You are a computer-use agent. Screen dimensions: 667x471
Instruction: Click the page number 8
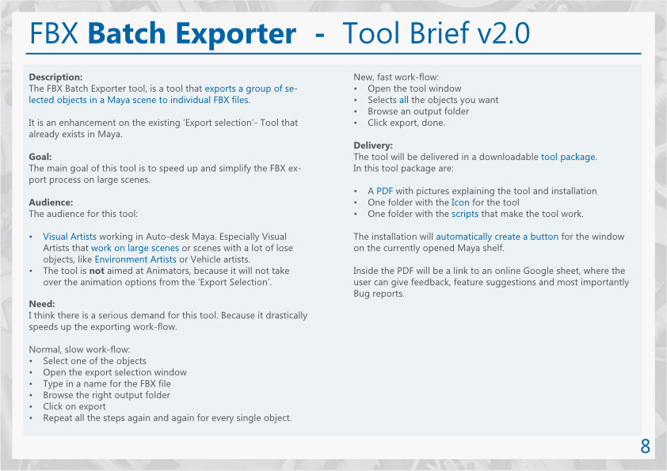[x=646, y=446]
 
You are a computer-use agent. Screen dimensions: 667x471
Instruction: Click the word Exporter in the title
[x=236, y=34]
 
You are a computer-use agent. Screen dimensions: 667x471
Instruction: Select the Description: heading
[x=55, y=77]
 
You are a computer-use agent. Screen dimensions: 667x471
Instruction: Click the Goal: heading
[x=40, y=157]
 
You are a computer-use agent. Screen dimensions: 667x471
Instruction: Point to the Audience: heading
[x=51, y=203]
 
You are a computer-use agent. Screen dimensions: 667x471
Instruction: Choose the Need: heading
[x=42, y=304]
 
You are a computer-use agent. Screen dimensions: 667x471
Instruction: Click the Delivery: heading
[x=373, y=146]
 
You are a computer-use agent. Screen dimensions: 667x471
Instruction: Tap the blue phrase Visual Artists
[x=70, y=237]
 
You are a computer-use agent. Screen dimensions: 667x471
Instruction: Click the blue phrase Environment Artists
[x=135, y=260]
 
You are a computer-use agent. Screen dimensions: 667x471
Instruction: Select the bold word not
[x=97, y=271]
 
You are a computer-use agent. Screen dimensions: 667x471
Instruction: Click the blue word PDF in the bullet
[x=384, y=191]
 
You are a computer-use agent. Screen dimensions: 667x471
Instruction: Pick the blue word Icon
[x=460, y=203]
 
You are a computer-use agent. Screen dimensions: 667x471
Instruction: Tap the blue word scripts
[x=465, y=214]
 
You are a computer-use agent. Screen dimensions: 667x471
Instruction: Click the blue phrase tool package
[x=568, y=157]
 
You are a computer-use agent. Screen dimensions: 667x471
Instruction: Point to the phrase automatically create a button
[x=497, y=237]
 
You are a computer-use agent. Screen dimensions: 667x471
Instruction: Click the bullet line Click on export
[x=74, y=406]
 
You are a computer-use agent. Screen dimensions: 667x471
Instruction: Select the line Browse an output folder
[x=418, y=112]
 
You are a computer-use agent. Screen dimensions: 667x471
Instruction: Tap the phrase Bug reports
[x=379, y=294]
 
